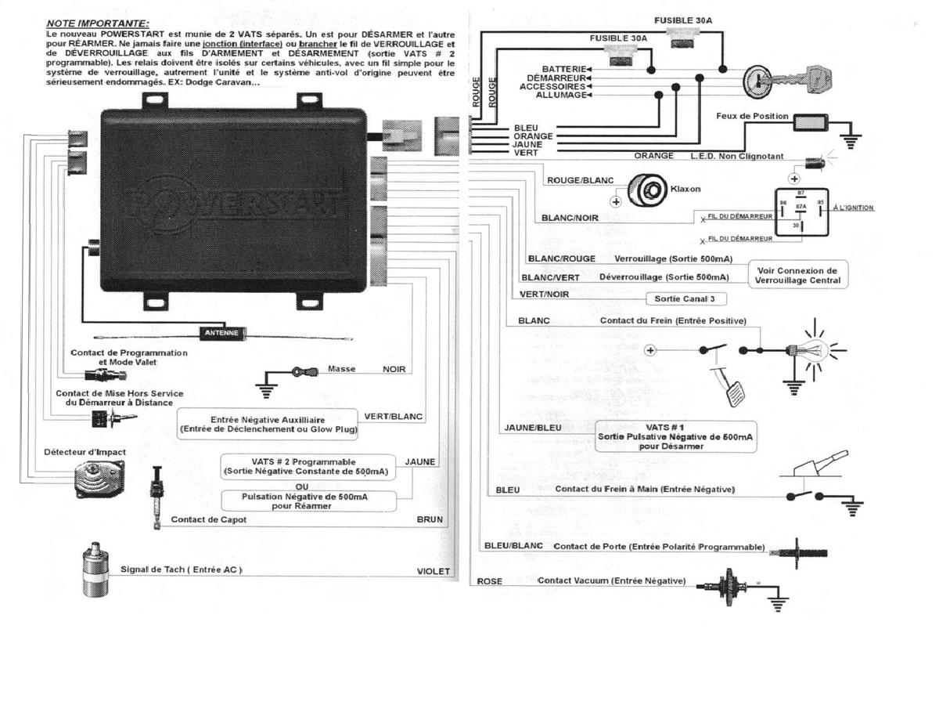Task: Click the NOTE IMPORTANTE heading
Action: point(98,24)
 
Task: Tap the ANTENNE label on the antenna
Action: point(221,332)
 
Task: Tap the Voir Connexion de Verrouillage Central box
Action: point(799,275)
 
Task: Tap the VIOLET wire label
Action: point(433,572)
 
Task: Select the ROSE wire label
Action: point(490,581)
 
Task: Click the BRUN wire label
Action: point(430,519)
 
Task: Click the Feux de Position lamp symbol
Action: point(811,124)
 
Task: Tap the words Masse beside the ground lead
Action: point(342,368)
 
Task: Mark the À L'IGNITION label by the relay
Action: point(854,208)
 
